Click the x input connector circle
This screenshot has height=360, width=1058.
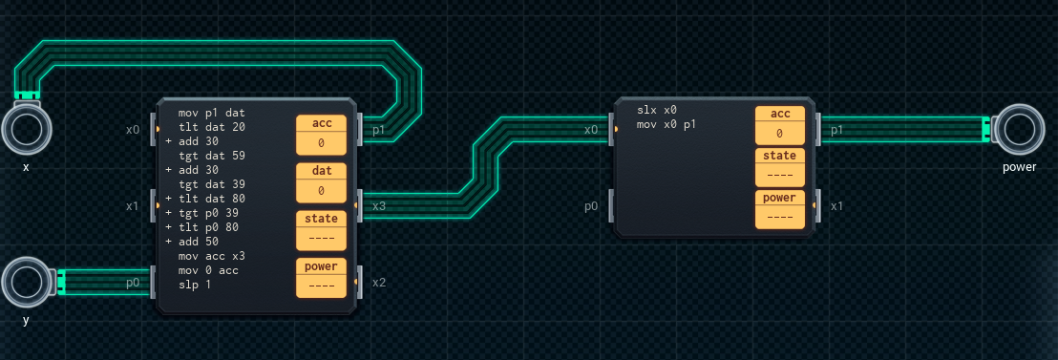coord(27,127)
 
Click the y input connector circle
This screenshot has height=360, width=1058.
coord(27,282)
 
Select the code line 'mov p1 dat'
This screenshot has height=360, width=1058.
coord(212,113)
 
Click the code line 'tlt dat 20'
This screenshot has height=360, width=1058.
coord(212,127)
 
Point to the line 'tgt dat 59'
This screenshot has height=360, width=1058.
coord(212,155)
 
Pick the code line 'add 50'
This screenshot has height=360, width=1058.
coord(199,241)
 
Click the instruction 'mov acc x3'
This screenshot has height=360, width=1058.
coord(212,256)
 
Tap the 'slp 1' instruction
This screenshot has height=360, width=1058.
coord(195,284)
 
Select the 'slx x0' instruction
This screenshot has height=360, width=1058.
coord(657,109)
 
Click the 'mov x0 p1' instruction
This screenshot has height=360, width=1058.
coord(667,124)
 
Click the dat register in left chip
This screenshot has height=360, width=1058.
coord(321,182)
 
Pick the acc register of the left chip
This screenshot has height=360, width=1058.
coord(321,135)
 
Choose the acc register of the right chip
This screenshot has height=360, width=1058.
coord(780,125)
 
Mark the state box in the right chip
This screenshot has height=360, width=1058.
coord(780,167)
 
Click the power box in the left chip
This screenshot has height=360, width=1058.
coord(321,278)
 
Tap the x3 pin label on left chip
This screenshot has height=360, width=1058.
coord(379,205)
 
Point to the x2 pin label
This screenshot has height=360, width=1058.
coord(379,283)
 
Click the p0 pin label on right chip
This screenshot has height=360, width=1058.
coord(591,206)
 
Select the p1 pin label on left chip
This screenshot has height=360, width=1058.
coord(378,130)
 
